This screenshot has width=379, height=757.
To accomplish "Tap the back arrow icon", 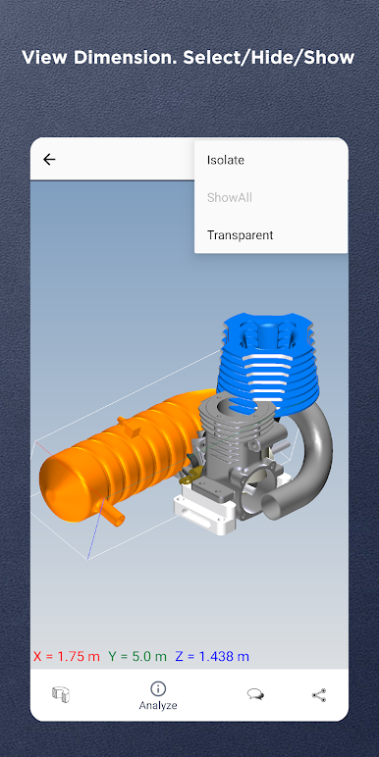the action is (49, 159).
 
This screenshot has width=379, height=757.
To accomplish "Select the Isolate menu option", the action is (226, 160).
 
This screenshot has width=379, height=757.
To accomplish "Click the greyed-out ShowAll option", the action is (230, 197).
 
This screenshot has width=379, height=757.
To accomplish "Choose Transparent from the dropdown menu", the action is (241, 235).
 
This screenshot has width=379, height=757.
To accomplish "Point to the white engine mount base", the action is (204, 513).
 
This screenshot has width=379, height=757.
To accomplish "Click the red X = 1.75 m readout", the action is (67, 656).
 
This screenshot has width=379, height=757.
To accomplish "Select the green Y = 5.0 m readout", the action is (137, 656).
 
